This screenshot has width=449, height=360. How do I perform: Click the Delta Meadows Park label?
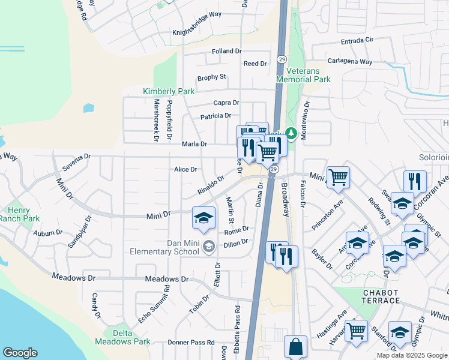click(126, 341)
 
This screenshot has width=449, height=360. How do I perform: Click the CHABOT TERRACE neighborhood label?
click(381, 296)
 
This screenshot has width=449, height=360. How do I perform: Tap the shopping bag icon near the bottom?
click(295, 346)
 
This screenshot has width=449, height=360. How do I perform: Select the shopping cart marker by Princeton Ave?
click(339, 176)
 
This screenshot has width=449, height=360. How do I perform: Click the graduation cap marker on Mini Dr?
click(204, 217)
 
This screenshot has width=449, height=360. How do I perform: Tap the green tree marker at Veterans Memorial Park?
click(291, 133)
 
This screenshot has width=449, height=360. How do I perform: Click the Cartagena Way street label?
click(349, 62)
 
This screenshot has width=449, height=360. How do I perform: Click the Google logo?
click(20, 353)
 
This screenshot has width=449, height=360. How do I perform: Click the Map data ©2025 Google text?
click(412, 355)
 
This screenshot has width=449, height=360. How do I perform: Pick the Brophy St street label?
click(211, 77)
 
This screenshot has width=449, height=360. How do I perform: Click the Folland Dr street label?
click(226, 52)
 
